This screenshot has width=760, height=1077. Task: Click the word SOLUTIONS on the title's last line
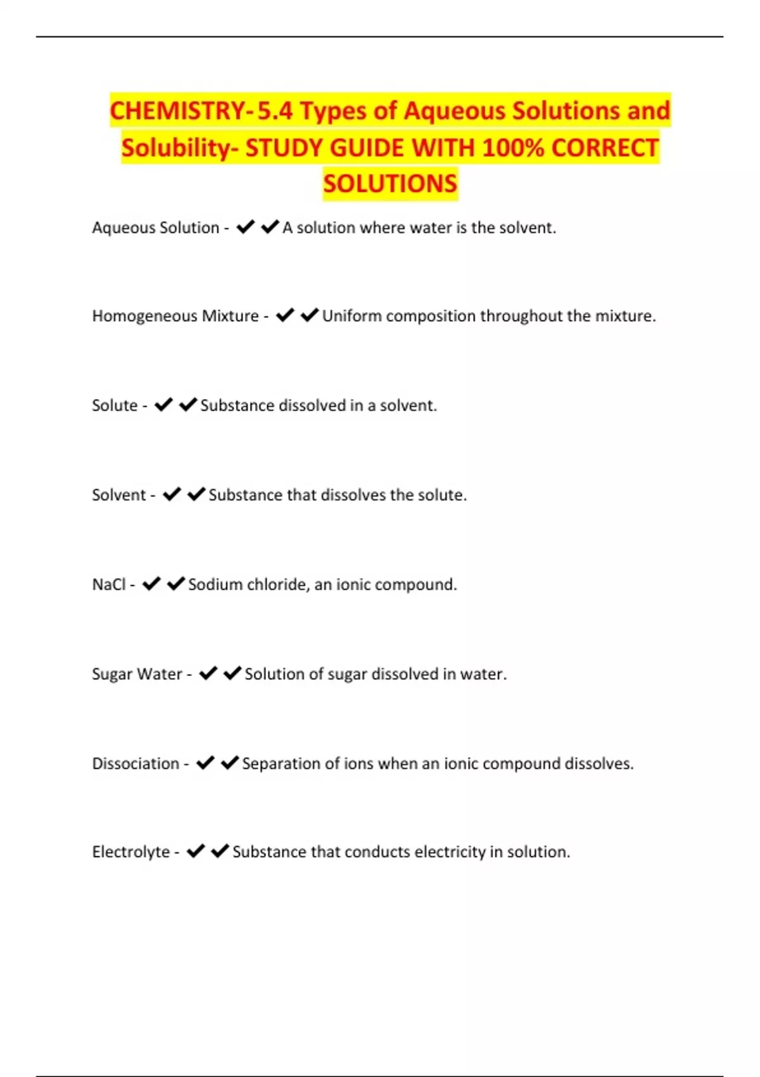tap(390, 184)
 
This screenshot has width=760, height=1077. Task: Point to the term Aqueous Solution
tap(155, 227)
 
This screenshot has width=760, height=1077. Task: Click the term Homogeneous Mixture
tap(175, 315)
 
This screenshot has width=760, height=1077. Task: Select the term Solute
tap(115, 405)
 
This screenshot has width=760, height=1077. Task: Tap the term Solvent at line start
tap(119, 495)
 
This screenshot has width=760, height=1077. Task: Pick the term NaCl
tap(109, 584)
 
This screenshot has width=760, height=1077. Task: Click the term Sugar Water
tap(137, 673)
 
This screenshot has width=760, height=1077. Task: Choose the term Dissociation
tap(136, 763)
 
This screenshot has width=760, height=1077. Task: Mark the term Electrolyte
tap(131, 851)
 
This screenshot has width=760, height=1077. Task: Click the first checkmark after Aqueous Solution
tap(245, 227)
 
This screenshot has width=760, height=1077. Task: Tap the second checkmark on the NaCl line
tap(175, 583)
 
